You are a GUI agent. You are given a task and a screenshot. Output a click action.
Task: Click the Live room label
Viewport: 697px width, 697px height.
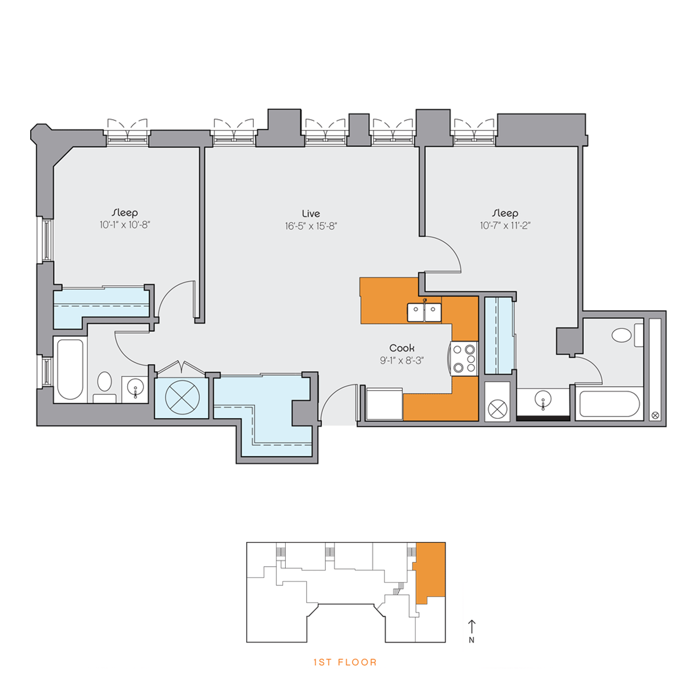click(311, 213)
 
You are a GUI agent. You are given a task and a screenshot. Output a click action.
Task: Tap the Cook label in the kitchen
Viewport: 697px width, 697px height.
click(401, 348)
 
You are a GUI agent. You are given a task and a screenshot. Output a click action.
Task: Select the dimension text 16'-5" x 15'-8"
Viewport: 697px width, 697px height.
click(311, 226)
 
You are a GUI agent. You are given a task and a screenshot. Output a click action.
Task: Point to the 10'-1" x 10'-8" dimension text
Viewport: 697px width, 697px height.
click(125, 225)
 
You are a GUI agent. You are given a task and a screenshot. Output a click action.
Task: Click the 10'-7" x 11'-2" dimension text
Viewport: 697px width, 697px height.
click(505, 226)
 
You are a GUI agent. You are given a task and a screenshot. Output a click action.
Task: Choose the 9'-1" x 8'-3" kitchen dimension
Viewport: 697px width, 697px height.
click(401, 361)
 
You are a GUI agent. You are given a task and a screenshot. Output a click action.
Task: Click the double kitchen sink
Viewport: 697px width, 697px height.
click(424, 312)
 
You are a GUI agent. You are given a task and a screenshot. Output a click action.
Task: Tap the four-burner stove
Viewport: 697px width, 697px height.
click(465, 359)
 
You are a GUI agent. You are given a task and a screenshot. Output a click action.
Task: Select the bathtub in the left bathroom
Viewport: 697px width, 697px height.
click(70, 369)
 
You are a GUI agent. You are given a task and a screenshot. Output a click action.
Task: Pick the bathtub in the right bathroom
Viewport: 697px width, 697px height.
click(609, 404)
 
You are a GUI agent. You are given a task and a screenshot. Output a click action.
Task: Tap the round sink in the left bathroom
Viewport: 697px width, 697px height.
click(135, 388)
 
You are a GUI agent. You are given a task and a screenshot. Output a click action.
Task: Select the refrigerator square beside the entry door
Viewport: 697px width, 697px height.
click(384, 404)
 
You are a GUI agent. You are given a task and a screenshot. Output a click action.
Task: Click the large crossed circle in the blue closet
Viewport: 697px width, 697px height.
click(182, 397)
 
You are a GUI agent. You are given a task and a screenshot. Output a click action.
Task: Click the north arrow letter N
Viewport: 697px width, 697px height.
click(471, 640)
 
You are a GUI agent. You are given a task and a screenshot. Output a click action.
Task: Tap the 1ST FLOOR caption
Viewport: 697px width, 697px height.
click(345, 662)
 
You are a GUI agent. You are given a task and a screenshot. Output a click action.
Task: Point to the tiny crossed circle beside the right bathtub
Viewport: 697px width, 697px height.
click(655, 416)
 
